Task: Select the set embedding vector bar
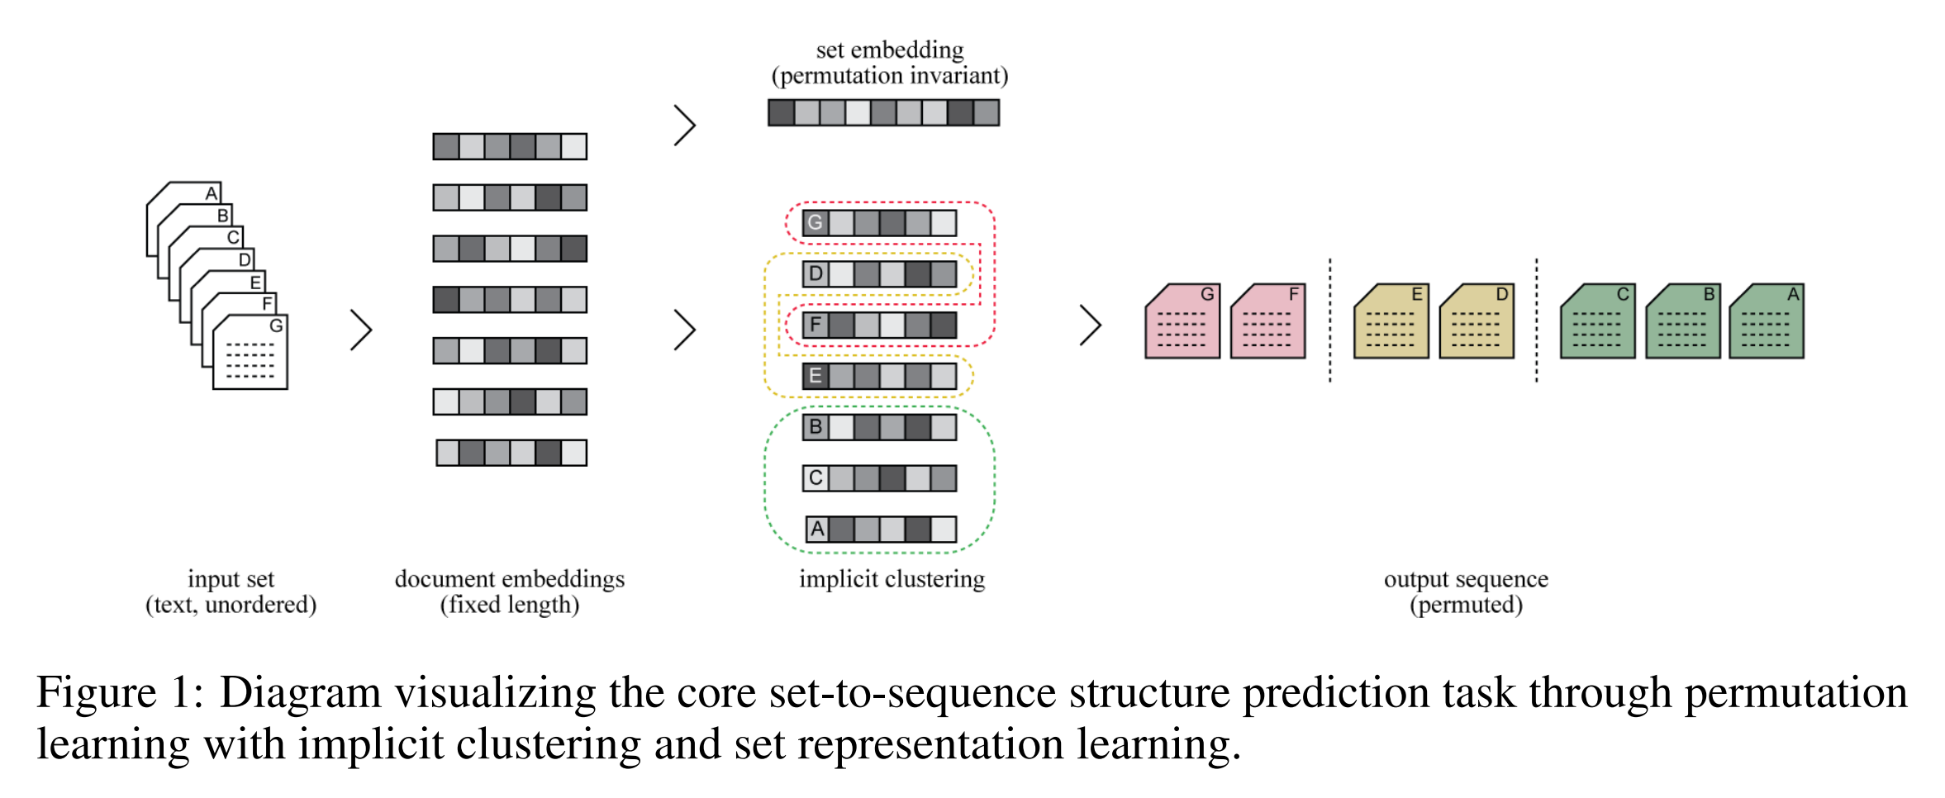pos(883,112)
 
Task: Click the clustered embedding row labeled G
pos(879,222)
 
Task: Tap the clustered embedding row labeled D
pos(879,273)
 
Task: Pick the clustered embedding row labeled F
pos(879,325)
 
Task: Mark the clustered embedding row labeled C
pos(879,478)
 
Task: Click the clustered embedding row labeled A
pos(881,530)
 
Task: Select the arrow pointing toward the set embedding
pos(685,126)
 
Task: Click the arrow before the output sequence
pos(1091,325)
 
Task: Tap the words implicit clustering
pos(892,579)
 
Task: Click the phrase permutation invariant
pos(889,76)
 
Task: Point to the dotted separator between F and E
pos(1330,321)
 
